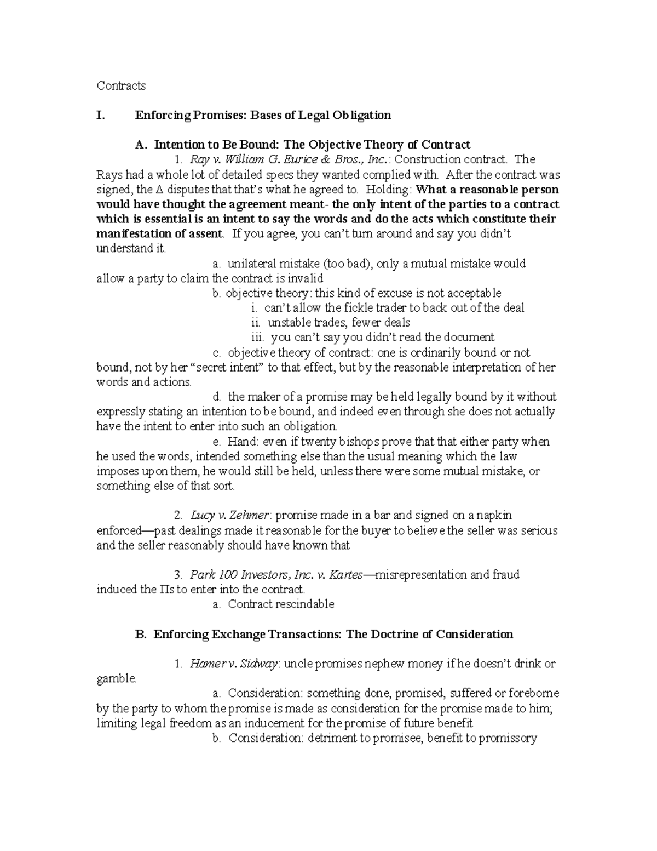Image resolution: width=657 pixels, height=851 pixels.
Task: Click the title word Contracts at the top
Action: (x=121, y=85)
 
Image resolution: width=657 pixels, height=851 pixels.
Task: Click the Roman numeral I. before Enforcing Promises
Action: (x=100, y=115)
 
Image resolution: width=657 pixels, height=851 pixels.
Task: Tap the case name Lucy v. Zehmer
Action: (x=229, y=515)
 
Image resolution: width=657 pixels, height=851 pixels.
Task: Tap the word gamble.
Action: (x=116, y=679)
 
